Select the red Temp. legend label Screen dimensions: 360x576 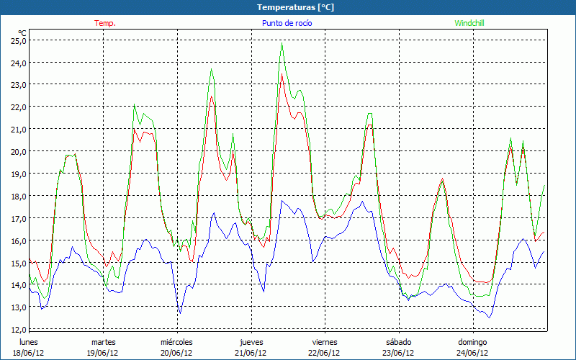tap(105, 23)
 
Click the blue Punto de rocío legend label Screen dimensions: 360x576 tap(287, 23)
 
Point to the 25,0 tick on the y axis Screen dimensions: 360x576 tap(18, 41)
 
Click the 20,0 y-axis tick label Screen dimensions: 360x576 tap(18, 152)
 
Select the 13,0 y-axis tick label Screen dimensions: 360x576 tap(18, 308)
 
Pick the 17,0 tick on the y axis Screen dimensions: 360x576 tap(18, 219)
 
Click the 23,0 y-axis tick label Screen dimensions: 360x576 tap(18, 85)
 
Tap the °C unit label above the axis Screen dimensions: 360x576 tap(22, 32)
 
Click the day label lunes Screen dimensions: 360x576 tap(29, 342)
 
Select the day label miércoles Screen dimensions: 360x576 tap(176, 342)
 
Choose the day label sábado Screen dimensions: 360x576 tap(398, 342)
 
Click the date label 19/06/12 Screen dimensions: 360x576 tap(102, 353)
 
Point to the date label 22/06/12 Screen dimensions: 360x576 tap(324, 353)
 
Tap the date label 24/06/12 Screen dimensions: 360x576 tap(472, 353)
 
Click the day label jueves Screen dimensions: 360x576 tap(251, 342)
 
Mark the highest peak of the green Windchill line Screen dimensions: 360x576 tap(282, 44)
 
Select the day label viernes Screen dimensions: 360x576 tap(324, 342)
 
